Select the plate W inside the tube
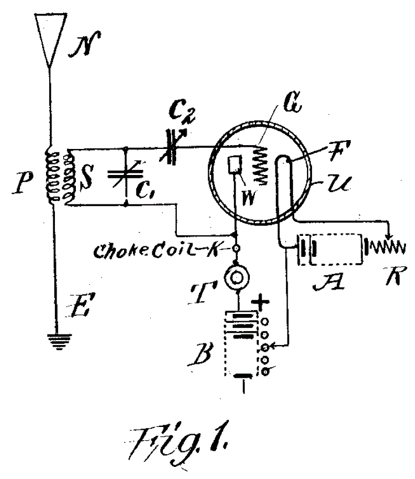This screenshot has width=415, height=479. (235, 164)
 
